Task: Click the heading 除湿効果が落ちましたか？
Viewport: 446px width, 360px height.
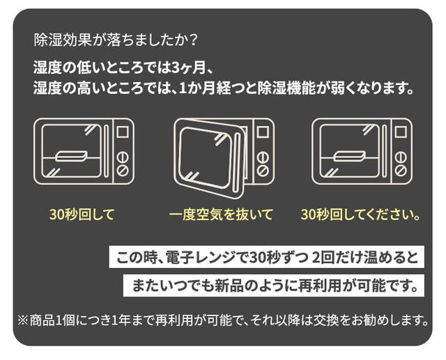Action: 115,40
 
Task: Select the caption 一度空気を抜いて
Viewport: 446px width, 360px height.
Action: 221,214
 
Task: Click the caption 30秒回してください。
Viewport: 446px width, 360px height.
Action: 361,214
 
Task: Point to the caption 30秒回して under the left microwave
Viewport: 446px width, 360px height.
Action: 82,214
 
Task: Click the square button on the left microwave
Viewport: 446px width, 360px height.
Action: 123,132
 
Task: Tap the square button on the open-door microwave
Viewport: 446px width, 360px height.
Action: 263,132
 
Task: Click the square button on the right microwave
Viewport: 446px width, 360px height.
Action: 401,132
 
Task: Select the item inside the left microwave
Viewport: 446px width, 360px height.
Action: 71,156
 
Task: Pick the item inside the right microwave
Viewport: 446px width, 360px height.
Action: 349,156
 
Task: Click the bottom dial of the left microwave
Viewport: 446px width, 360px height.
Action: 123,171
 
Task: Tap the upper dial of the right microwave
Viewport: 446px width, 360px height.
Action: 401,157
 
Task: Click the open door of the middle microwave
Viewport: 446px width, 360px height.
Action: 209,158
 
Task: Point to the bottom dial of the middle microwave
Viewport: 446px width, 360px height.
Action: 263,171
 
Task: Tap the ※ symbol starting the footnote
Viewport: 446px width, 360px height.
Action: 23,320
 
